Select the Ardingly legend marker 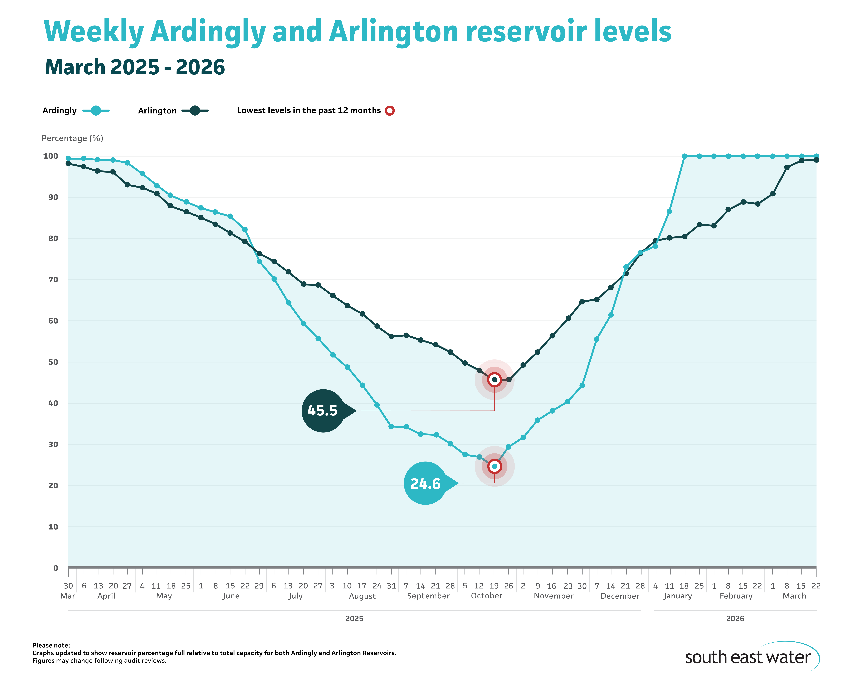click(x=96, y=111)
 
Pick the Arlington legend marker click(x=195, y=111)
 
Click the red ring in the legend click(x=389, y=111)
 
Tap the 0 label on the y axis click(x=56, y=568)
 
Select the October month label click(x=486, y=596)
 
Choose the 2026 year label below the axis click(x=735, y=619)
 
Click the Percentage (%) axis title click(x=72, y=138)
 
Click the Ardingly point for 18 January click(x=684, y=156)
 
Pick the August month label click(x=362, y=596)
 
